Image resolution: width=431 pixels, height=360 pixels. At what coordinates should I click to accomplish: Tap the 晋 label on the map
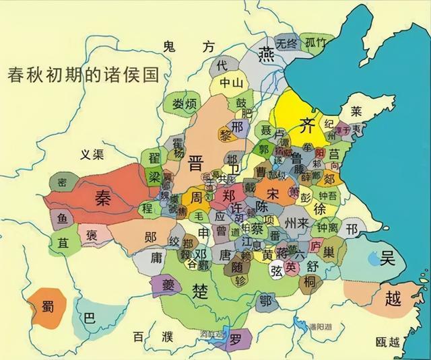pos(197,164)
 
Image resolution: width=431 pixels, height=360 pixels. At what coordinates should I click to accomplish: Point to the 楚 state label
pos(199,290)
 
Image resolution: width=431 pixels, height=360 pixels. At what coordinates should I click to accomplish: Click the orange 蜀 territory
pos(47,304)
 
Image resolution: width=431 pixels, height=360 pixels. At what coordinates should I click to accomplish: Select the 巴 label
pos(88,316)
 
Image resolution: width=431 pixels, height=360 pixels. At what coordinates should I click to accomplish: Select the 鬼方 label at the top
pos(189,46)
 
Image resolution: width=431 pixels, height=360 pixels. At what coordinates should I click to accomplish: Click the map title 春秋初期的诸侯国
pos(83,73)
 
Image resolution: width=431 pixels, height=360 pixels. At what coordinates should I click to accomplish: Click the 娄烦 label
pos(183,104)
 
